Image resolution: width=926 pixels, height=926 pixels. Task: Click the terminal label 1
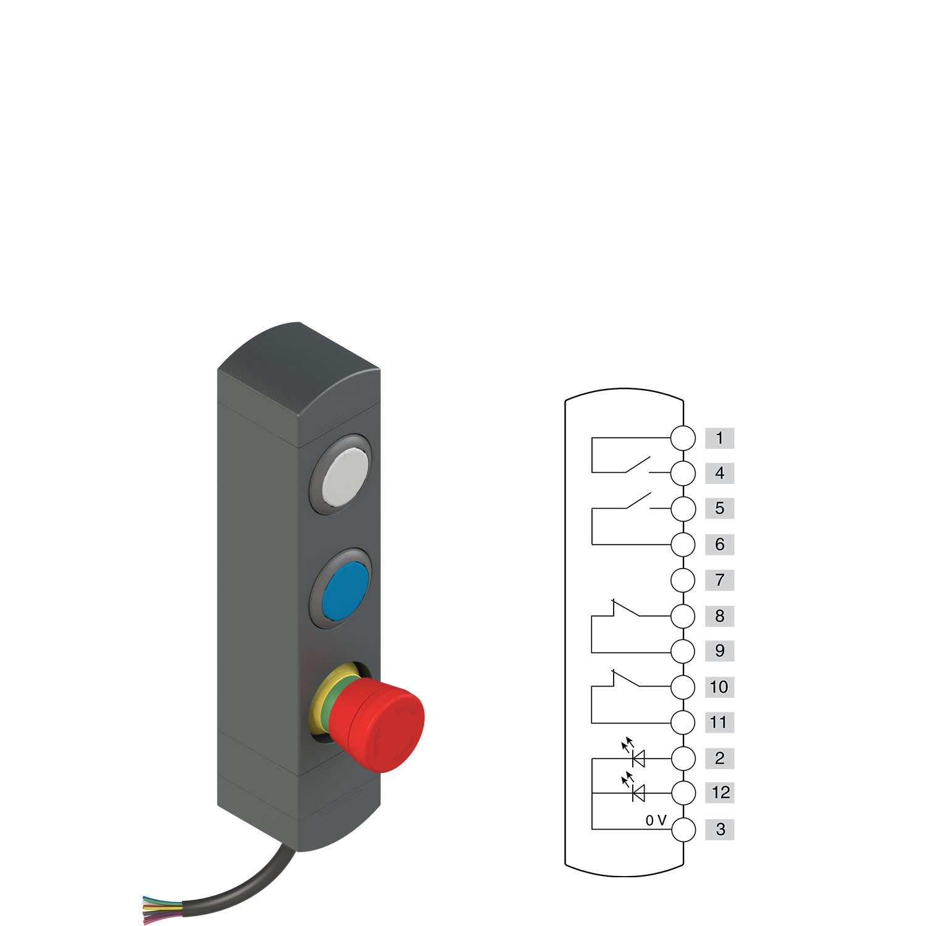click(x=719, y=438)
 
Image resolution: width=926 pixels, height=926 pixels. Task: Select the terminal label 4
click(x=719, y=473)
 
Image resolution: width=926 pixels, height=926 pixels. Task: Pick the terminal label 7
click(x=719, y=580)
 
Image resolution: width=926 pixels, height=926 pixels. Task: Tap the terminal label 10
click(x=719, y=687)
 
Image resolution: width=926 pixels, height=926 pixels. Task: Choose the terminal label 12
click(x=719, y=793)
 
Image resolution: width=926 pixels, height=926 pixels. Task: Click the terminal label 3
click(x=719, y=829)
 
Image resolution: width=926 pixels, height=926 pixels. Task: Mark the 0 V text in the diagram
click(x=656, y=820)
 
